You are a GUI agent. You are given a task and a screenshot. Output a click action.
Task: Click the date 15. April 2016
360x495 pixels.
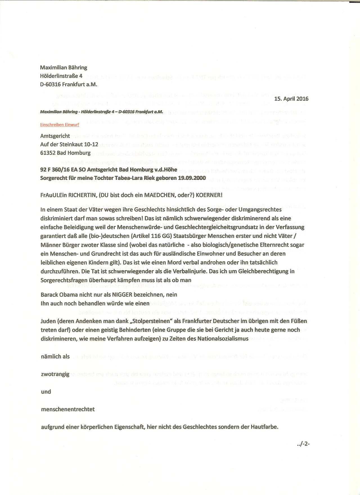tap(291, 99)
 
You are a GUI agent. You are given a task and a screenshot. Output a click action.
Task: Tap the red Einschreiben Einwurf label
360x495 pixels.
tap(59, 125)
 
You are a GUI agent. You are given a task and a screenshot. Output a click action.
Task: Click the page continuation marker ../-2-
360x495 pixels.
tap(303, 444)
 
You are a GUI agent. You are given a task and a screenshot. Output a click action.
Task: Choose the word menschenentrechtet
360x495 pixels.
tap(68, 409)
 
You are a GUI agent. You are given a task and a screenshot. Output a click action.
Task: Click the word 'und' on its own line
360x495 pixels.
tap(46, 391)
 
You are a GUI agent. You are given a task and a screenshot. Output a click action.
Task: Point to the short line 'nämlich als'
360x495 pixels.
tap(55, 357)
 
